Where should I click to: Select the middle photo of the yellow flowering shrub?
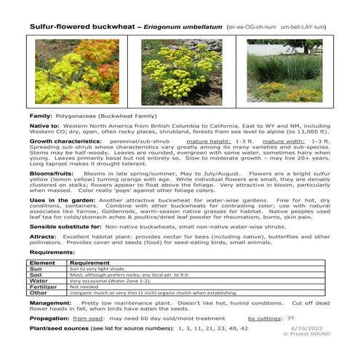pos(179,70)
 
